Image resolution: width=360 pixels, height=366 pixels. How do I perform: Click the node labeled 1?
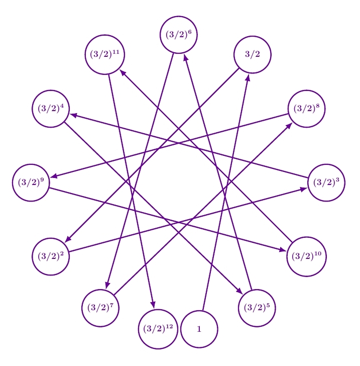pyautogui.click(x=199, y=329)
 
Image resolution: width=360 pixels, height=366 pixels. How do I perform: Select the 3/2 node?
pyautogui.click(x=253, y=54)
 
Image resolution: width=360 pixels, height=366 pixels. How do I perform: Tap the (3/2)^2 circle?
pyautogui.click(x=50, y=256)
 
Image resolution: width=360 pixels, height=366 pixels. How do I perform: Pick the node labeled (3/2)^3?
pyautogui.click(x=326, y=182)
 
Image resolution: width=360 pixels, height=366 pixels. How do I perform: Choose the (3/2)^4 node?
pyautogui.click(x=50, y=109)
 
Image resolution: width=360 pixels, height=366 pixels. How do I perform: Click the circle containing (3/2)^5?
pyautogui.click(x=257, y=308)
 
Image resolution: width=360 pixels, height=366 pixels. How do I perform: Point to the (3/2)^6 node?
pyautogui.click(x=178, y=35)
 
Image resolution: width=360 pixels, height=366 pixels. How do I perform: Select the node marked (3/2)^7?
pyautogui.click(x=100, y=308)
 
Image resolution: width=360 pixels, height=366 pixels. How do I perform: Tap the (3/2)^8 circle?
pyautogui.click(x=306, y=109)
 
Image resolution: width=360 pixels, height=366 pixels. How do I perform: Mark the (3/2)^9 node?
pyautogui.click(x=31, y=182)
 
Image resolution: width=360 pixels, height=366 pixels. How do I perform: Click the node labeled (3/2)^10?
pyautogui.click(x=306, y=256)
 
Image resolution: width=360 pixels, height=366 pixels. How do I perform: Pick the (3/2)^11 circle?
pyautogui.click(x=104, y=54)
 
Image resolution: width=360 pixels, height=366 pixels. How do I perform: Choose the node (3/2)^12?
pyautogui.click(x=158, y=329)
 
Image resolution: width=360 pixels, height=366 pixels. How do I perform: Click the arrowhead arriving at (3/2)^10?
pyautogui.click(x=283, y=250)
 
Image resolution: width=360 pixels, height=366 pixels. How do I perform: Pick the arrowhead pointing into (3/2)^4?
pyautogui.click(x=73, y=115)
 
